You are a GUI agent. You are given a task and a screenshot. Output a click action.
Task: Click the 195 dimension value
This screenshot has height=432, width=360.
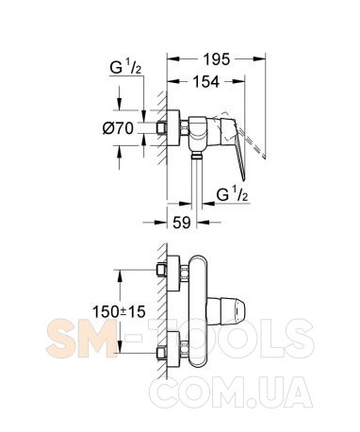click(217, 59)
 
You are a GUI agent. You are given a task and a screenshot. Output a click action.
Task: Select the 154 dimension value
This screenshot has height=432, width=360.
click(205, 82)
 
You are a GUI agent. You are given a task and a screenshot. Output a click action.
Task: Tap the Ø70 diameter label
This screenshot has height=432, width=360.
click(118, 128)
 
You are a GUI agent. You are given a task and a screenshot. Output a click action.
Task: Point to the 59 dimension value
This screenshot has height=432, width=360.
click(182, 223)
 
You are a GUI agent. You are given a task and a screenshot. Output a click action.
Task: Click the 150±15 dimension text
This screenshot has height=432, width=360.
click(119, 312)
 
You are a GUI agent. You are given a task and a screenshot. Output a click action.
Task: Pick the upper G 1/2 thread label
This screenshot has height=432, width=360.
click(125, 67)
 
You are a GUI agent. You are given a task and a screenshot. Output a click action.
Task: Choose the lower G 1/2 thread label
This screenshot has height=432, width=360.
click(232, 195)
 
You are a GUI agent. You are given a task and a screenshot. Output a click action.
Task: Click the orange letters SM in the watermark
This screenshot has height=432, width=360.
click(82, 338)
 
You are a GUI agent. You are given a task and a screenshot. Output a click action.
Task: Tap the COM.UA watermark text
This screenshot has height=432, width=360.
click(231, 391)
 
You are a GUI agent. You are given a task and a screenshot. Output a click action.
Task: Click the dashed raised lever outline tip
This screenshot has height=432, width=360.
click(265, 157)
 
